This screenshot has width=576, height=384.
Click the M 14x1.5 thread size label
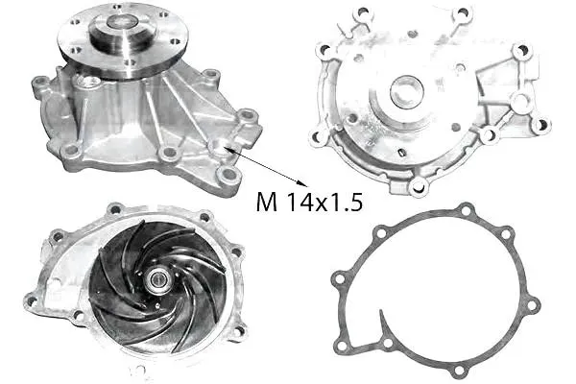point(309,202)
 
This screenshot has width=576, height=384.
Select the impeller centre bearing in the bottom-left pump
point(157,279)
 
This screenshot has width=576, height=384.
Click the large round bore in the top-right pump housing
point(407,91)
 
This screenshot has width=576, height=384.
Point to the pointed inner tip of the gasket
point(381,312)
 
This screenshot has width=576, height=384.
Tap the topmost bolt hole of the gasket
point(466,211)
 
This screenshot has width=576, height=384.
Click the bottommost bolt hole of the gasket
point(459,370)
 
